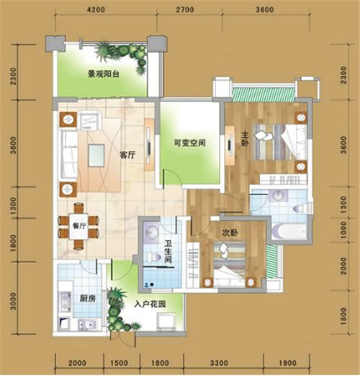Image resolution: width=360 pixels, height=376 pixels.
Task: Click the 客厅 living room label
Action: click(x=127, y=155)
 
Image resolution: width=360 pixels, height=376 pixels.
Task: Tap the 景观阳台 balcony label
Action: click(x=104, y=74)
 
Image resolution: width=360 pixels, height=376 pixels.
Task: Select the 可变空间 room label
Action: click(x=189, y=143)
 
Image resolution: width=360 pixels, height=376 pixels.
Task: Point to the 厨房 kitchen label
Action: click(x=88, y=298)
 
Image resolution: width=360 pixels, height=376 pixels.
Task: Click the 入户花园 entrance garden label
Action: click(x=150, y=304)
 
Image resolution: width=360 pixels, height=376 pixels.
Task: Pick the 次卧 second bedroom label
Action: click(x=230, y=233)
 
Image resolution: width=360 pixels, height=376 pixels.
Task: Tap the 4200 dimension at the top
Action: click(x=96, y=9)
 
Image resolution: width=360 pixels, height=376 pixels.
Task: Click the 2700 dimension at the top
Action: click(x=185, y=9)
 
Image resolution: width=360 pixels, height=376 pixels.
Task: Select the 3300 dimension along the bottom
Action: click(x=219, y=363)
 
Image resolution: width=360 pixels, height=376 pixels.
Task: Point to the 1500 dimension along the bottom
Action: click(x=119, y=363)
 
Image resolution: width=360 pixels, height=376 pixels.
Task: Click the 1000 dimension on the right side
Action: click(x=343, y=230)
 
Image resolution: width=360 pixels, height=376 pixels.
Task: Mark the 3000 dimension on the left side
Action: click(x=14, y=301)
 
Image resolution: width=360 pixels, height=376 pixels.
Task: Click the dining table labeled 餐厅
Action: click(x=78, y=226)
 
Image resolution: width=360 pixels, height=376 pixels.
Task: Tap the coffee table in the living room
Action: click(x=96, y=156)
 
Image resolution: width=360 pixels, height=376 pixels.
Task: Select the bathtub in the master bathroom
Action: click(x=289, y=231)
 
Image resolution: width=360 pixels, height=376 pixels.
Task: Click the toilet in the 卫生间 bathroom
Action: click(x=154, y=257)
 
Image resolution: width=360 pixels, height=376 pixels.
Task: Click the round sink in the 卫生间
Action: click(x=151, y=232)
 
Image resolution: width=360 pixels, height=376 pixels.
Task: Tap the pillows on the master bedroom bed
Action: click(x=264, y=135)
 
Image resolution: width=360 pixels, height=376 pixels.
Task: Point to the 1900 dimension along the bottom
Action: click(x=287, y=363)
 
